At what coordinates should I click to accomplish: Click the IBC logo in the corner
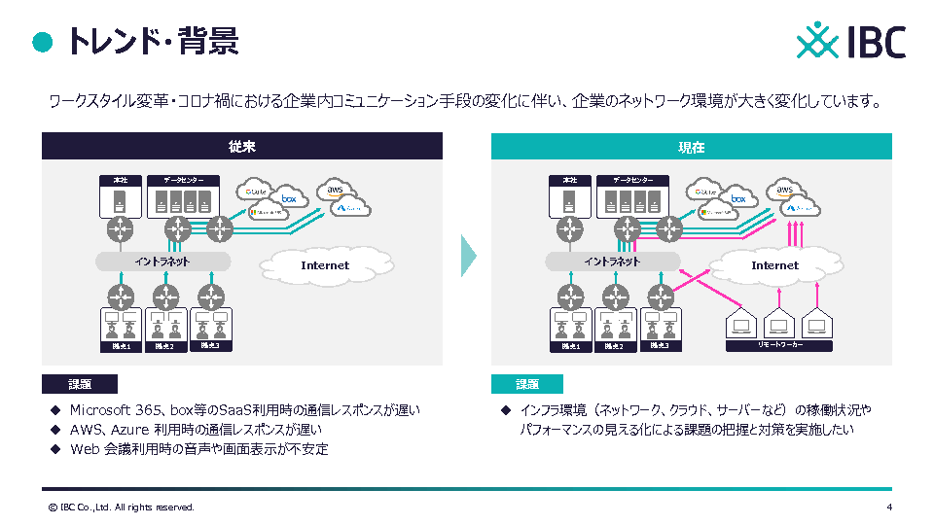(851, 42)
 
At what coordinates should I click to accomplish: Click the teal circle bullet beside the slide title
(42, 41)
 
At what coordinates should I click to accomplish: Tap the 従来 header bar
(242, 147)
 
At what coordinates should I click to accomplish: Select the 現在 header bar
(692, 147)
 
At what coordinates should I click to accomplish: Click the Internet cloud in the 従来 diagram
(324, 264)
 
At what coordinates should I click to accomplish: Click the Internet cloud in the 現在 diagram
(774, 264)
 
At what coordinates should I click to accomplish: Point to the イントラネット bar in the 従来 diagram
(162, 262)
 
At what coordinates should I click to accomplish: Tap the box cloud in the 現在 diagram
(737, 197)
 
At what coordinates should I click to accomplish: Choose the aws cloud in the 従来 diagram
(337, 190)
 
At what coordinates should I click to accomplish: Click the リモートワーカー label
(780, 344)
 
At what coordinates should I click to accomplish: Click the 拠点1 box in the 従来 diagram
(122, 330)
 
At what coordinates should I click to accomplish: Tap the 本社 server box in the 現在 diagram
(569, 196)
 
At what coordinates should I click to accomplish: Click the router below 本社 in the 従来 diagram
(121, 230)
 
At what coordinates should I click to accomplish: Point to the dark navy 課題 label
(80, 384)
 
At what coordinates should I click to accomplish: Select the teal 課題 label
(527, 384)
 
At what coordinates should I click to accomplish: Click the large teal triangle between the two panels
(468, 255)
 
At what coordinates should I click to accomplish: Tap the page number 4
(889, 507)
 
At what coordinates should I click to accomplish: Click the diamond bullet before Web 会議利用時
(54, 449)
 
